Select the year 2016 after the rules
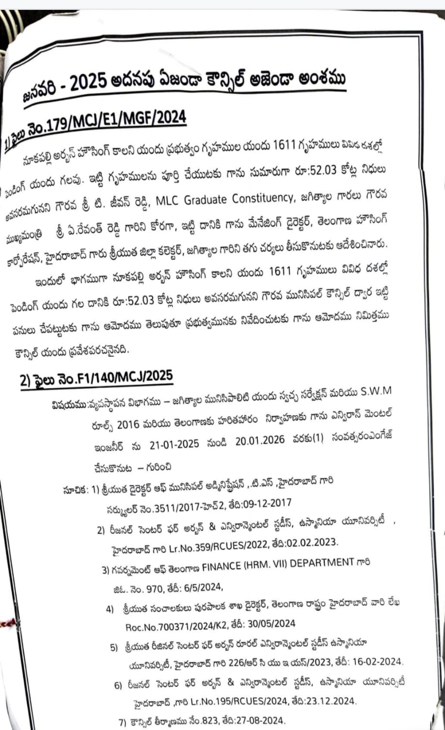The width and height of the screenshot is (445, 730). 128,425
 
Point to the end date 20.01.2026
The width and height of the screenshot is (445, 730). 260,440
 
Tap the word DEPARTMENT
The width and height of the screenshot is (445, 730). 322,563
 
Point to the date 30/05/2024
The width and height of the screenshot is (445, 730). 272,623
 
